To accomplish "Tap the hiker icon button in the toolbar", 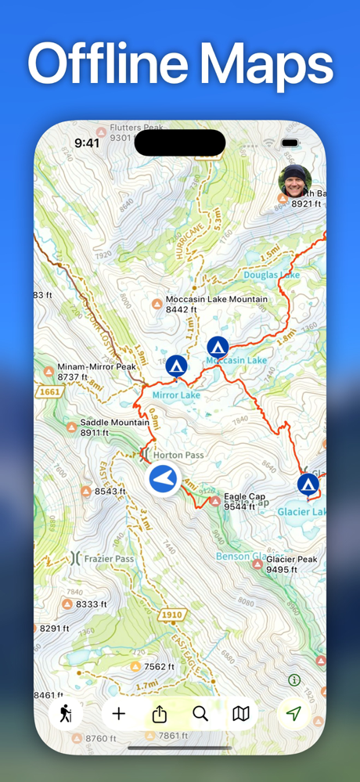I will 66,714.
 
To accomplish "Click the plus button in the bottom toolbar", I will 119,714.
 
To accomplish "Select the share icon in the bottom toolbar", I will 160,714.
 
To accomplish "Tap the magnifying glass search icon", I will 200,714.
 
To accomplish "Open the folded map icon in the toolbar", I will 241,714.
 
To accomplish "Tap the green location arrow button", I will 293,714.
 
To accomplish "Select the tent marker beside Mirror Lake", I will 176,366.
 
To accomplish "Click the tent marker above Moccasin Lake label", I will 218,347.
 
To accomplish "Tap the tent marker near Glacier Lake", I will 308,485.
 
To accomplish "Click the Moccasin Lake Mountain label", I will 216,300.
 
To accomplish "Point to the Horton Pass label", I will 178,454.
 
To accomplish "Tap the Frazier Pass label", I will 110,559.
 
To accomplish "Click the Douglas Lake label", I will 271,276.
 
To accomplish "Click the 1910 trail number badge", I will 172,615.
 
